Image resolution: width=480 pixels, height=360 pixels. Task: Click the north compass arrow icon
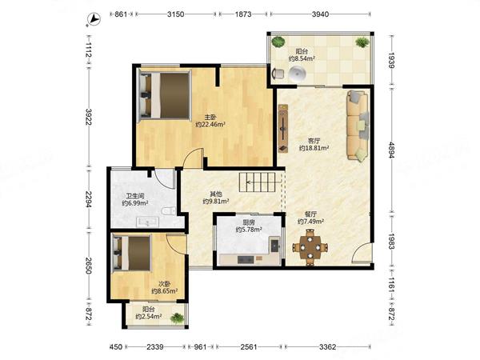click(94, 19)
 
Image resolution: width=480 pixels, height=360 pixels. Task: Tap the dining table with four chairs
click(310, 247)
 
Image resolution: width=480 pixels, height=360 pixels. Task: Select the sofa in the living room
click(358, 126)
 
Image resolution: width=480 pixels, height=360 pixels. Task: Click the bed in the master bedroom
click(165, 95)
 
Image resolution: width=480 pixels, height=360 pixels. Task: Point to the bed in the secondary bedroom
click(132, 253)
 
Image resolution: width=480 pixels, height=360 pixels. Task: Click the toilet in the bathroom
click(169, 210)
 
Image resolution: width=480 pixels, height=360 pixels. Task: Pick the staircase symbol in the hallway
click(260, 182)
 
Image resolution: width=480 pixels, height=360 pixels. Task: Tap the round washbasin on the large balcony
click(298, 74)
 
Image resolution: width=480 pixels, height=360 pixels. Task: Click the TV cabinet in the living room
click(283, 128)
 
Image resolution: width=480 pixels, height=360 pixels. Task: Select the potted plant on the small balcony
click(178, 318)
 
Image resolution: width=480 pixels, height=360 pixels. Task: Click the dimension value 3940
click(320, 14)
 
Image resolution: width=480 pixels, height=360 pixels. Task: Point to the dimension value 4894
click(391, 150)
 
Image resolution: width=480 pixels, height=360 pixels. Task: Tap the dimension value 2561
click(249, 347)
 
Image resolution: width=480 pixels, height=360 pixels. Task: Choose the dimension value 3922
click(89, 117)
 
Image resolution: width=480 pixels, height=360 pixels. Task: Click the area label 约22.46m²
click(210, 124)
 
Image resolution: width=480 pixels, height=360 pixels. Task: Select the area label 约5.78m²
click(249, 230)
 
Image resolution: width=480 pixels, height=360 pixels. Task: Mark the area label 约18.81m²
click(314, 148)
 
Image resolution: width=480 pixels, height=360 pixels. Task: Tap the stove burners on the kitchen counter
click(246, 259)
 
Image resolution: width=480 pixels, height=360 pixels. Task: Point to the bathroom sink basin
click(147, 222)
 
